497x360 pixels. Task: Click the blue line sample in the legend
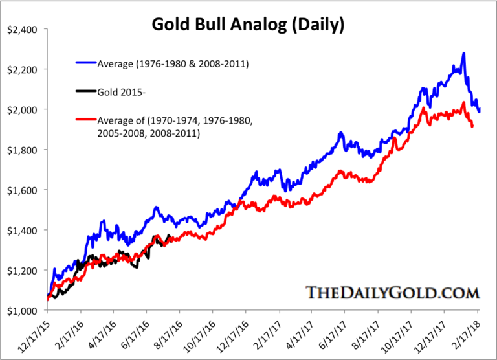pos(85,63)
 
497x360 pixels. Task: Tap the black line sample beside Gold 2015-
pos(85,91)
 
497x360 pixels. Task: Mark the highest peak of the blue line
pos(463,54)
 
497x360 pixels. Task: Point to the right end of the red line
pos(472,126)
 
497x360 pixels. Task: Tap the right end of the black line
pos(170,236)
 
